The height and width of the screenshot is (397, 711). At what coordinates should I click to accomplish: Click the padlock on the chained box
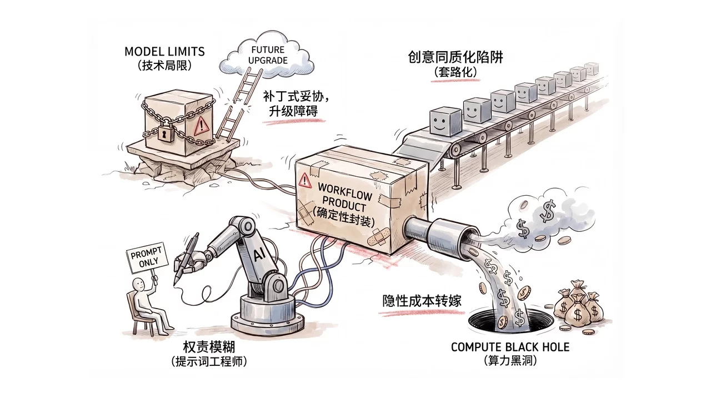pyautogui.click(x=164, y=132)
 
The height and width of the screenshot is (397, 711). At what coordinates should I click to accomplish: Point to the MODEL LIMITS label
pyautogui.click(x=164, y=52)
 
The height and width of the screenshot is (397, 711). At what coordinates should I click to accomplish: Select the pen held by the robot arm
pyautogui.click(x=186, y=258)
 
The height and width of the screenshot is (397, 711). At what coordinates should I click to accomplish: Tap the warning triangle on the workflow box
pyautogui.click(x=304, y=180)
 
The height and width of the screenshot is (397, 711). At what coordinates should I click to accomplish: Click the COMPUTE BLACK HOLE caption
pyautogui.click(x=509, y=347)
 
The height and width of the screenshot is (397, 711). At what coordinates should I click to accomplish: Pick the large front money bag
pyautogui.click(x=578, y=314)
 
